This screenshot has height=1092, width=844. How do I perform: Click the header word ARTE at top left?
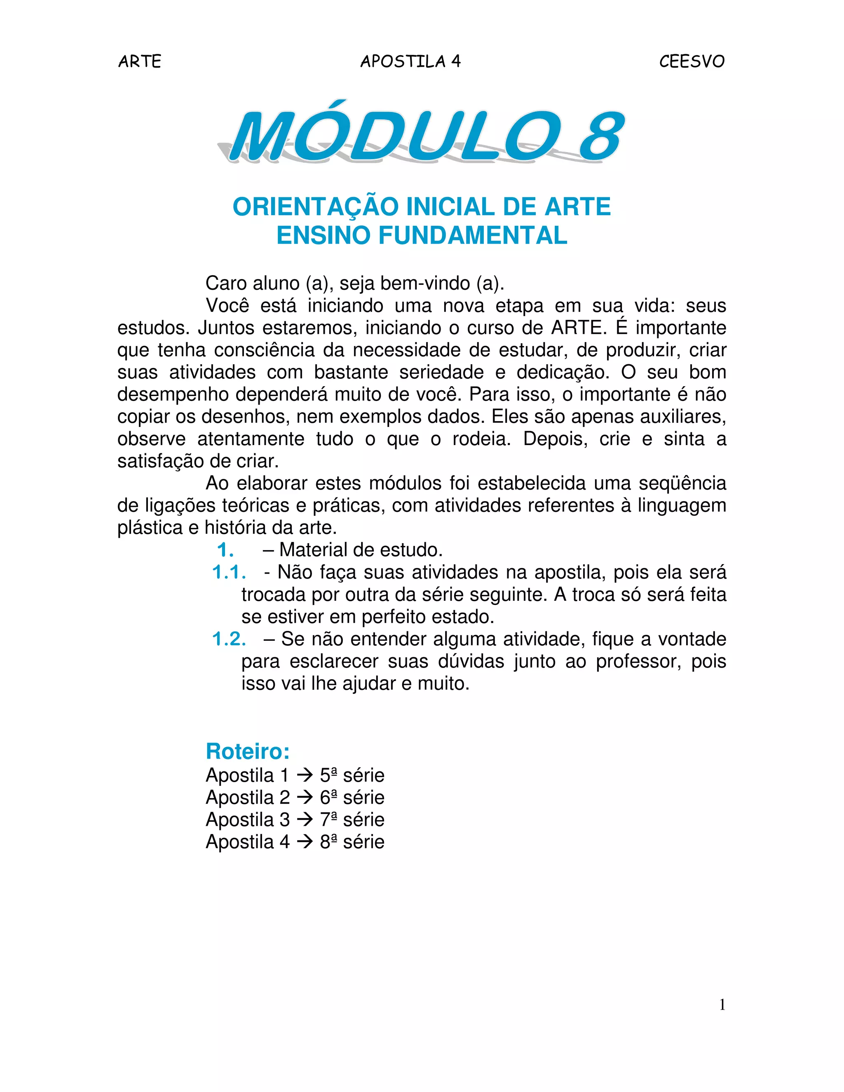(140, 61)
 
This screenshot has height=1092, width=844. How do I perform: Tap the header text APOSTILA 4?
(410, 61)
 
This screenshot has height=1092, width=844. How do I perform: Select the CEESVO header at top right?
(692, 61)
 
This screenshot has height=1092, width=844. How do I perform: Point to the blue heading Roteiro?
(248, 752)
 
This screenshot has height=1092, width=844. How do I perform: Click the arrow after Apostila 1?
(305, 776)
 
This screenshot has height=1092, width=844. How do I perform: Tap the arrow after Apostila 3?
(305, 820)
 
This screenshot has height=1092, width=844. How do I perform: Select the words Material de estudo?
(361, 550)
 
